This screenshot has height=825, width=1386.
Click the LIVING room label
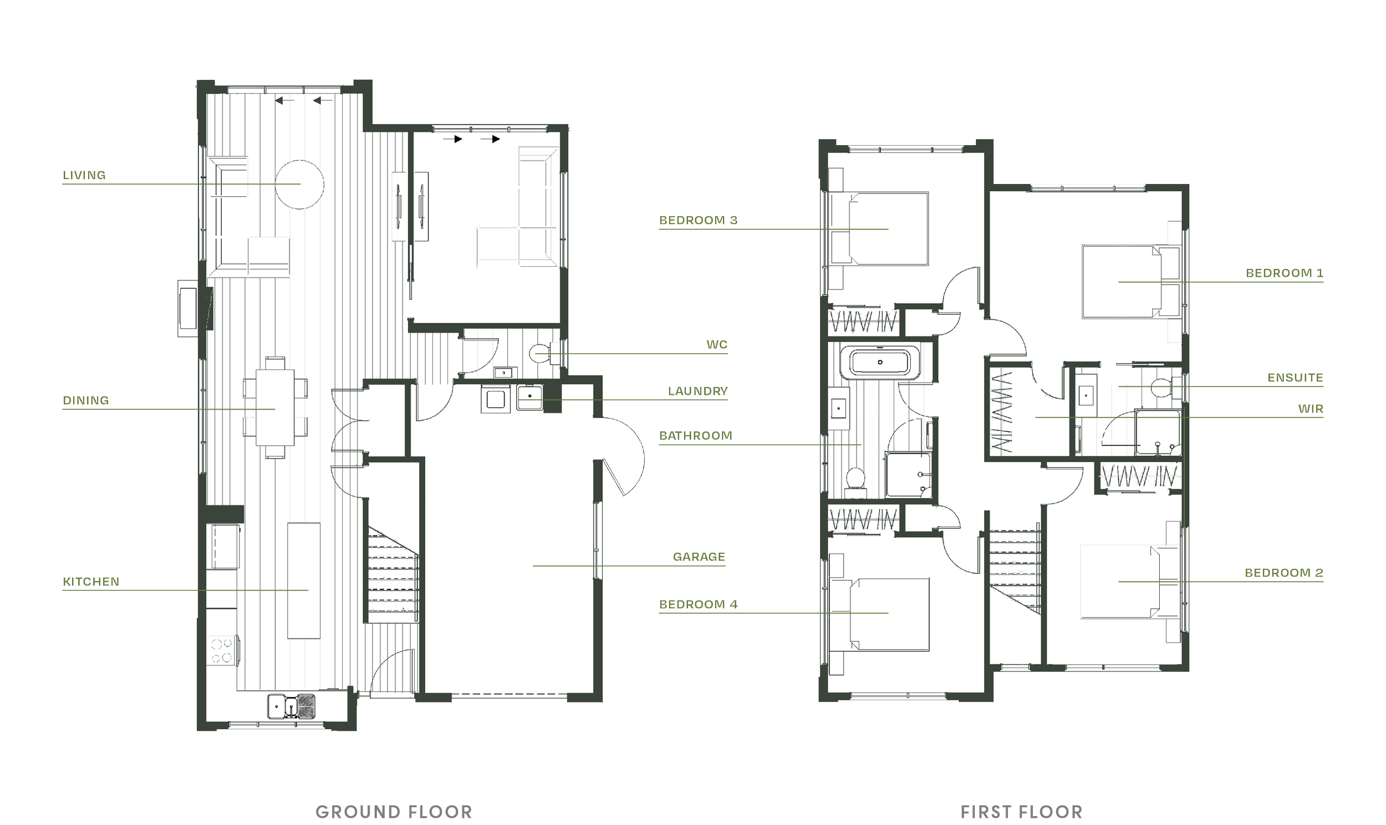[x=84, y=175]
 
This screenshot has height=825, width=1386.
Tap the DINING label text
[x=85, y=400]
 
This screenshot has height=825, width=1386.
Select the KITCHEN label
[x=91, y=582]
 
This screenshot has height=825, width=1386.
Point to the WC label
[x=716, y=345]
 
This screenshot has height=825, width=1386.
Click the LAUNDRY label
[x=697, y=391]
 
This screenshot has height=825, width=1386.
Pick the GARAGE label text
[x=699, y=557]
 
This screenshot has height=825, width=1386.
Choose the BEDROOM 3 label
[x=698, y=220]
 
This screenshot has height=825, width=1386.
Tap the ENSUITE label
[x=1295, y=378]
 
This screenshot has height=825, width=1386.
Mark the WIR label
[x=1311, y=409]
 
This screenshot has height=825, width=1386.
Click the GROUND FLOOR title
[x=394, y=812]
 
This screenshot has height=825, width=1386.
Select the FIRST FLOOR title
[x=1021, y=812]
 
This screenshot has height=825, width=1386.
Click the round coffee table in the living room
[x=300, y=184]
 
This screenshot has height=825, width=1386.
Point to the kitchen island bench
[x=303, y=580]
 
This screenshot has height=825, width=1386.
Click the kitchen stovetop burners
[x=222, y=651]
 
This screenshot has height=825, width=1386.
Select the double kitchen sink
[x=291, y=706]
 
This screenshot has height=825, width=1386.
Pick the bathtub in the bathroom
[x=880, y=363]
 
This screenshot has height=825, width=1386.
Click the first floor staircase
[x=1015, y=570]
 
